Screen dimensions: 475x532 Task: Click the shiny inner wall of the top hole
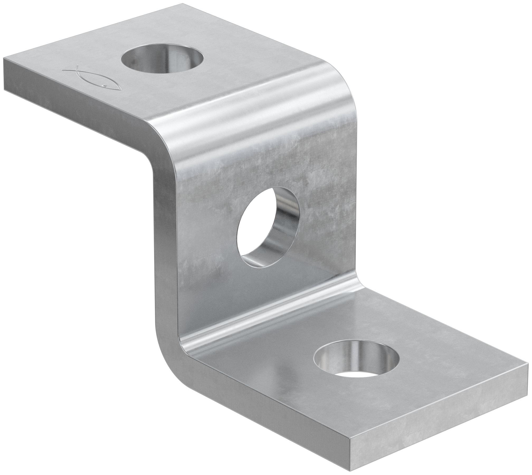coord(174,55)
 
